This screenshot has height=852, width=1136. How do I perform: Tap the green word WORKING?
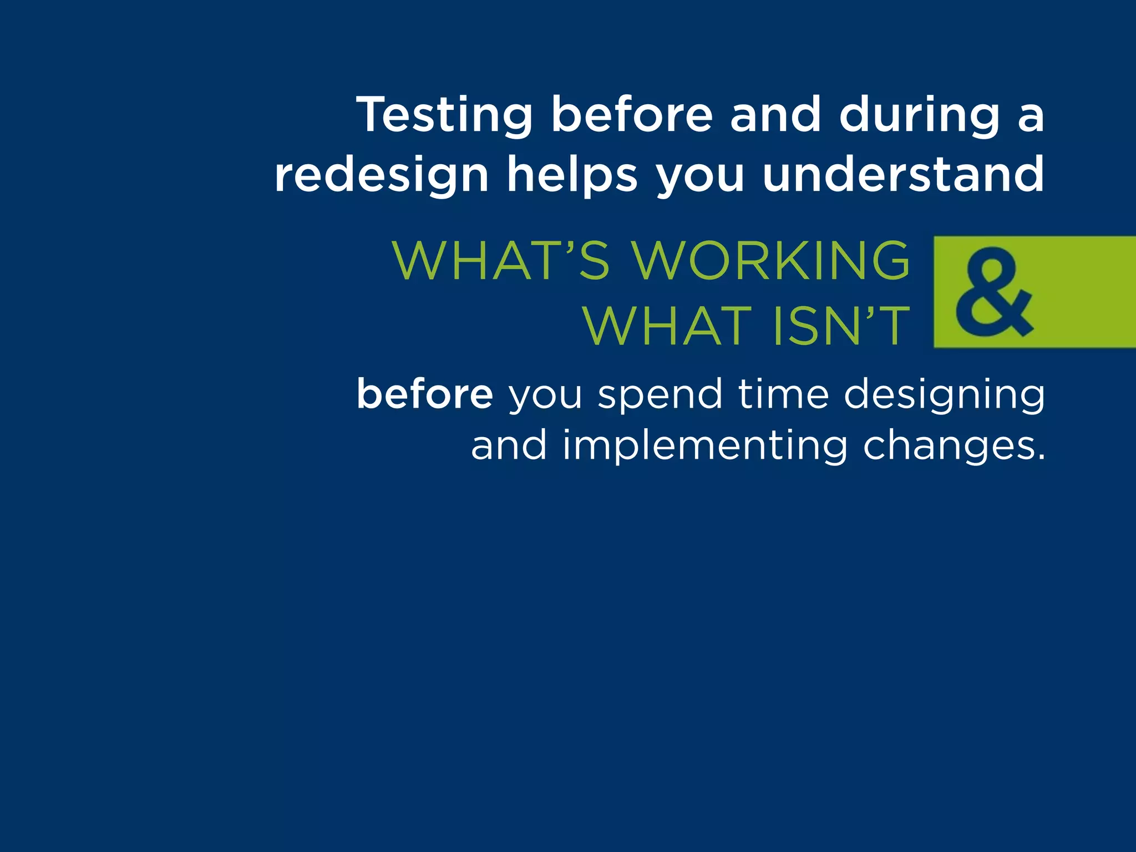click(771, 261)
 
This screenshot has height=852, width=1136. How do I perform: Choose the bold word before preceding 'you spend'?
click(425, 394)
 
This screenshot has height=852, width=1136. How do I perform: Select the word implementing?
click(705, 447)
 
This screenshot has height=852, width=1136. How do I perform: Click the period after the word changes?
click(1041, 457)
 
